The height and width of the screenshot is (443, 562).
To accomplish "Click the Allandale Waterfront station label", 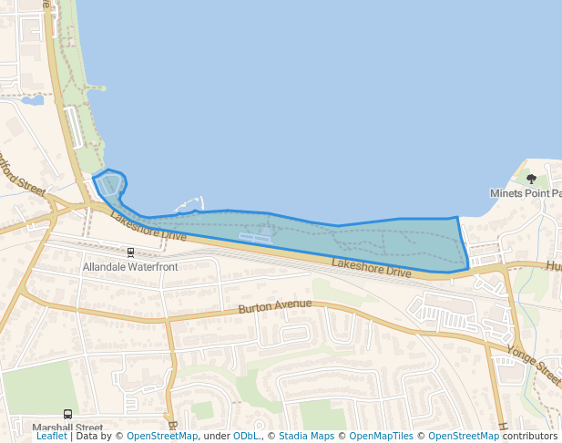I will point(130,267).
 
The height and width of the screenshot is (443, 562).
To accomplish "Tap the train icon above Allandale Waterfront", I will point(130,252).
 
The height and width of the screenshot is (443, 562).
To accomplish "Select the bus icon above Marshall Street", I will point(67,414).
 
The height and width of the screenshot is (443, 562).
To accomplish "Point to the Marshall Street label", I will point(67,428).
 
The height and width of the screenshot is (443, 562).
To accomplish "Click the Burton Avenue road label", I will point(275,307).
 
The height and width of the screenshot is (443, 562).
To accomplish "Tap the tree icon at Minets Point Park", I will point(531,179).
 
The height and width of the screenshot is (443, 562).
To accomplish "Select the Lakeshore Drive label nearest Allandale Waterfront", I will point(148,227).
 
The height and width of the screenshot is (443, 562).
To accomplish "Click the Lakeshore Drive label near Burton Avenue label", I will point(372,267).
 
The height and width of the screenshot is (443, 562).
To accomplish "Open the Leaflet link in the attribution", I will point(52,437).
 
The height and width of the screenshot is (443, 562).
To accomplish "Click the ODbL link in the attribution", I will point(246,437).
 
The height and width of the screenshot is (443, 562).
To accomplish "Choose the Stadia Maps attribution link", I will point(306,437).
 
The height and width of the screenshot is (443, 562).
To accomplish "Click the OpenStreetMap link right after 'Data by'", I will point(162,437).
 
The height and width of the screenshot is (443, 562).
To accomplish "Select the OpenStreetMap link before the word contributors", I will point(464,437).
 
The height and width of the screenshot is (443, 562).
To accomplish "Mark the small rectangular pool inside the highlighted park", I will point(255,238).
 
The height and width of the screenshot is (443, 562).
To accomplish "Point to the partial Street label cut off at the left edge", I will point(23,175).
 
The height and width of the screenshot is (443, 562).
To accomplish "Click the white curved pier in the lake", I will point(190,203).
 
